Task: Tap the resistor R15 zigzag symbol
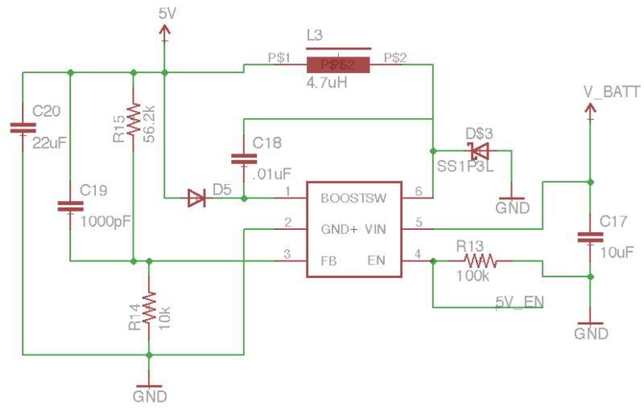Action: tap(134, 122)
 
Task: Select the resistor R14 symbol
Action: tap(148, 309)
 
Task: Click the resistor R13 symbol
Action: tap(481, 261)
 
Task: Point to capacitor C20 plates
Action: tap(23, 127)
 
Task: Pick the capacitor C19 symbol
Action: tap(71, 207)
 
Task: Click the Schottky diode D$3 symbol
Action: tap(479, 150)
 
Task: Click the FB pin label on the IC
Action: tap(329, 260)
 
